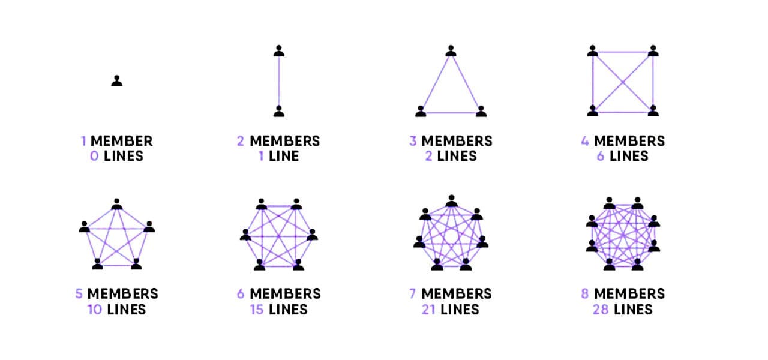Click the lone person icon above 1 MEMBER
tap(116, 81)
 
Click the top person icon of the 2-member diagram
tap(278, 51)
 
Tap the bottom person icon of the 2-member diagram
tap(278, 111)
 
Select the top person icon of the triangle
tap(451, 51)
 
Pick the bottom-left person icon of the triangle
tap(421, 111)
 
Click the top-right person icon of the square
tap(653, 51)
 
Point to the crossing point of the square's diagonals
tap(623, 82)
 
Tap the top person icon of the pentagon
tap(117, 204)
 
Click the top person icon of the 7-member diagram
tap(451, 200)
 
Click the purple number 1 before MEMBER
tap(84, 142)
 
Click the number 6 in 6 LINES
tap(601, 157)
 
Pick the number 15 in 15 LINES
tap(257, 310)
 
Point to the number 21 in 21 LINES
tap(429, 310)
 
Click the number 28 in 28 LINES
tap(602, 310)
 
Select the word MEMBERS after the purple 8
tap(629, 294)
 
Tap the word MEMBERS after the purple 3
tap(457, 142)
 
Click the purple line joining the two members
tap(278, 81)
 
